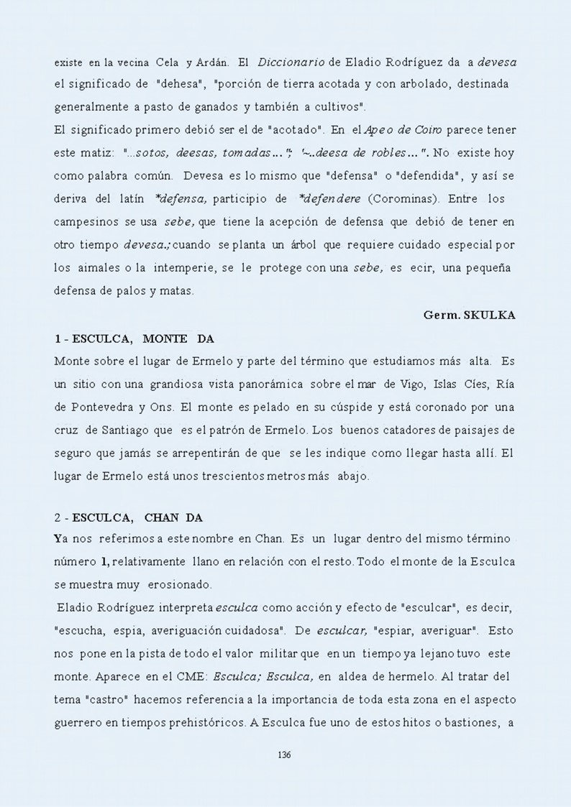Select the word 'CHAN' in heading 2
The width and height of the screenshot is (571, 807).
coord(163,517)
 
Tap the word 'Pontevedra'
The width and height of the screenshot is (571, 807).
coord(107,406)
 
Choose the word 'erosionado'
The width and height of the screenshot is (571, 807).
coord(157,585)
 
